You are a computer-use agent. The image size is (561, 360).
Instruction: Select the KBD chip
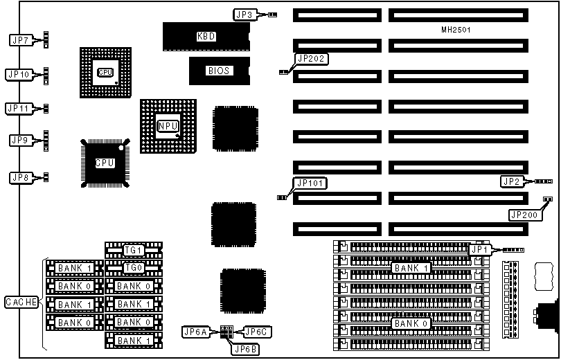pos(206,36)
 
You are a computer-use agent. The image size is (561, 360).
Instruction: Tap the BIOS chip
pos(218,70)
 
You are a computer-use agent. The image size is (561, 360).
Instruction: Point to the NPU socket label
pos(168,126)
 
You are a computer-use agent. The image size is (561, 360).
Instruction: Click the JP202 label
pos(311,59)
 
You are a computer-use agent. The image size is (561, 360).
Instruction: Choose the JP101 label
pos(310,183)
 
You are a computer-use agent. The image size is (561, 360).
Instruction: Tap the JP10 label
pos(19,73)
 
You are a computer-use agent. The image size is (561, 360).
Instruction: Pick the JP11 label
pos(19,108)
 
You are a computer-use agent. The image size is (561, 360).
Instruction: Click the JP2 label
pos(510,181)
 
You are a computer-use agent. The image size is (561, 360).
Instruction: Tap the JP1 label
pos(480,249)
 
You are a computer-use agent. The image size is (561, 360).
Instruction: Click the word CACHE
pos(21,302)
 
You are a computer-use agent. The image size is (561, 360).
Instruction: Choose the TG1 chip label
pos(133,250)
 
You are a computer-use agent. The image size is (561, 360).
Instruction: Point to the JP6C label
pos(257,332)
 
